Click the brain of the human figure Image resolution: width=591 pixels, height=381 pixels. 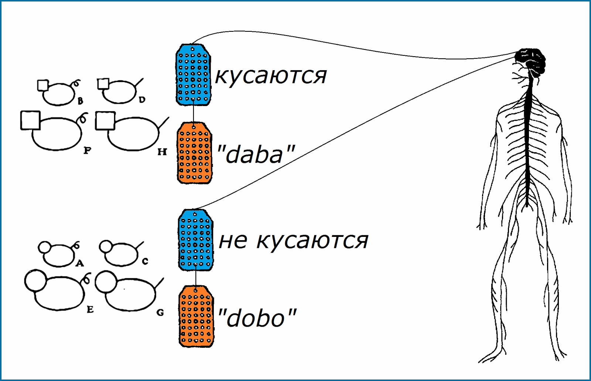click(x=531, y=60)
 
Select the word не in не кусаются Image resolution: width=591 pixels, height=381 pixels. click(x=233, y=241)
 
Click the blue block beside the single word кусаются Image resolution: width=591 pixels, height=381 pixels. click(x=193, y=75)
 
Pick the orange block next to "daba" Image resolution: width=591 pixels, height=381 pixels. click(x=194, y=153)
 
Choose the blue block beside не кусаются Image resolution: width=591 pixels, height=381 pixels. click(x=195, y=240)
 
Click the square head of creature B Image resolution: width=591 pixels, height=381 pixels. click(x=43, y=85)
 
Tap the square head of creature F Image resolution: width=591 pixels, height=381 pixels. click(x=30, y=120)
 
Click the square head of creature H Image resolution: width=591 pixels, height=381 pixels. click(x=105, y=121)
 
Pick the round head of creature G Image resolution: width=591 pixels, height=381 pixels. click(x=106, y=282)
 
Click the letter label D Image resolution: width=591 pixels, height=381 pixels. click(x=142, y=99)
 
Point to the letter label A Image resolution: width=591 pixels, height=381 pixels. click(x=79, y=263)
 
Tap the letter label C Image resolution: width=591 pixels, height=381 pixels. click(x=145, y=262)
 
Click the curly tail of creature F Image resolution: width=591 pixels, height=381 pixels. click(x=83, y=118)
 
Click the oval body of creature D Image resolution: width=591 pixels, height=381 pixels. click(x=119, y=92)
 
